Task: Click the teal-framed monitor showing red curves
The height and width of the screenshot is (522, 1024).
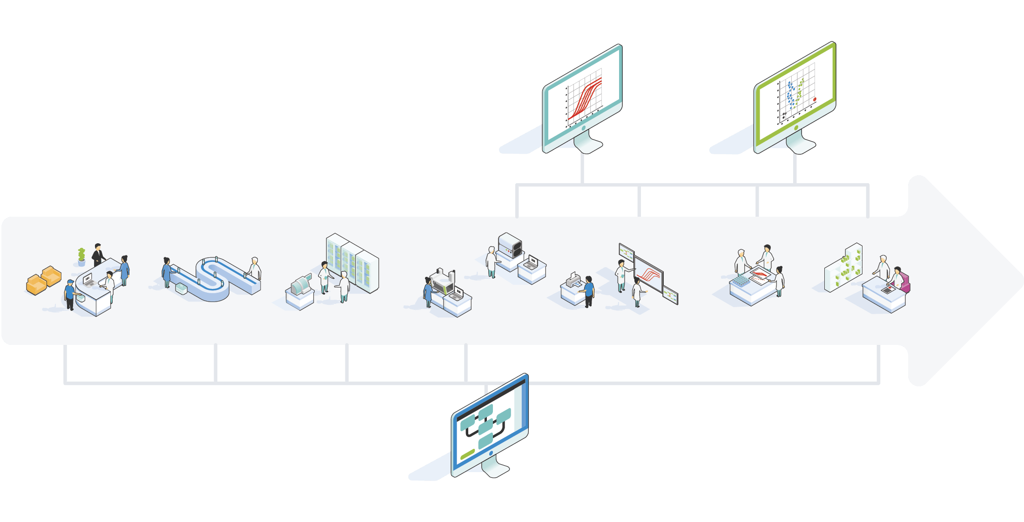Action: [583, 98]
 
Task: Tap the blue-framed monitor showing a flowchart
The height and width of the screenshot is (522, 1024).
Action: [490, 424]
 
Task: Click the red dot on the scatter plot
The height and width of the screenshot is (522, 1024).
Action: [815, 99]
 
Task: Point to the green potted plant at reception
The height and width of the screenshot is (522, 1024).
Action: [81, 256]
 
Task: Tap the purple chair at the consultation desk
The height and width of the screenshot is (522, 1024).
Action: [904, 282]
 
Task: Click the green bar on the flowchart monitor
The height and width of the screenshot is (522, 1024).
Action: [467, 453]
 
